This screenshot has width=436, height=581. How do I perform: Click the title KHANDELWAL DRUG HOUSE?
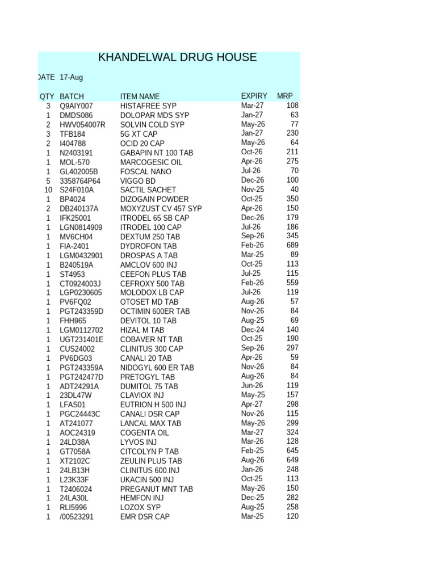coord(177,57)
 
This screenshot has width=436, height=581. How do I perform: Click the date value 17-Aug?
coord(71,77)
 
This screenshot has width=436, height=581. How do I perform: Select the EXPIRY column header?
coord(254,96)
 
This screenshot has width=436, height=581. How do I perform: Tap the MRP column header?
coord(284,96)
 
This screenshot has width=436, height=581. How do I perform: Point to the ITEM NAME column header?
coord(140,96)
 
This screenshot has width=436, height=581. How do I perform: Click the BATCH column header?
coord(72,96)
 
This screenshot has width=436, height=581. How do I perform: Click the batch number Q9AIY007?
coord(77,106)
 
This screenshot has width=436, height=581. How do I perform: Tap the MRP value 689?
coord(291,245)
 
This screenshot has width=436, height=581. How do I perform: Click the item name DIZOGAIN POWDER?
coord(154,199)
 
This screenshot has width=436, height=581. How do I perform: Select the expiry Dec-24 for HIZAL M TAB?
coord(252,329)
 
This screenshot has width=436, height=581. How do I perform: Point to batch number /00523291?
coord(78,517)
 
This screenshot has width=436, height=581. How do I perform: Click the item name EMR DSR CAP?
coord(145,517)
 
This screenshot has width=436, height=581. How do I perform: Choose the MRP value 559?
coord(291,283)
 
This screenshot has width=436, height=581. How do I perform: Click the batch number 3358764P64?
coord(80,180)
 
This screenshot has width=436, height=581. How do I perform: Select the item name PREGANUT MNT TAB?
coord(157,489)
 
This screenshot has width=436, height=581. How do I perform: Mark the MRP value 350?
coord(291,199)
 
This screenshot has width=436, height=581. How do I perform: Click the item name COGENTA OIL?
coord(145,432)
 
